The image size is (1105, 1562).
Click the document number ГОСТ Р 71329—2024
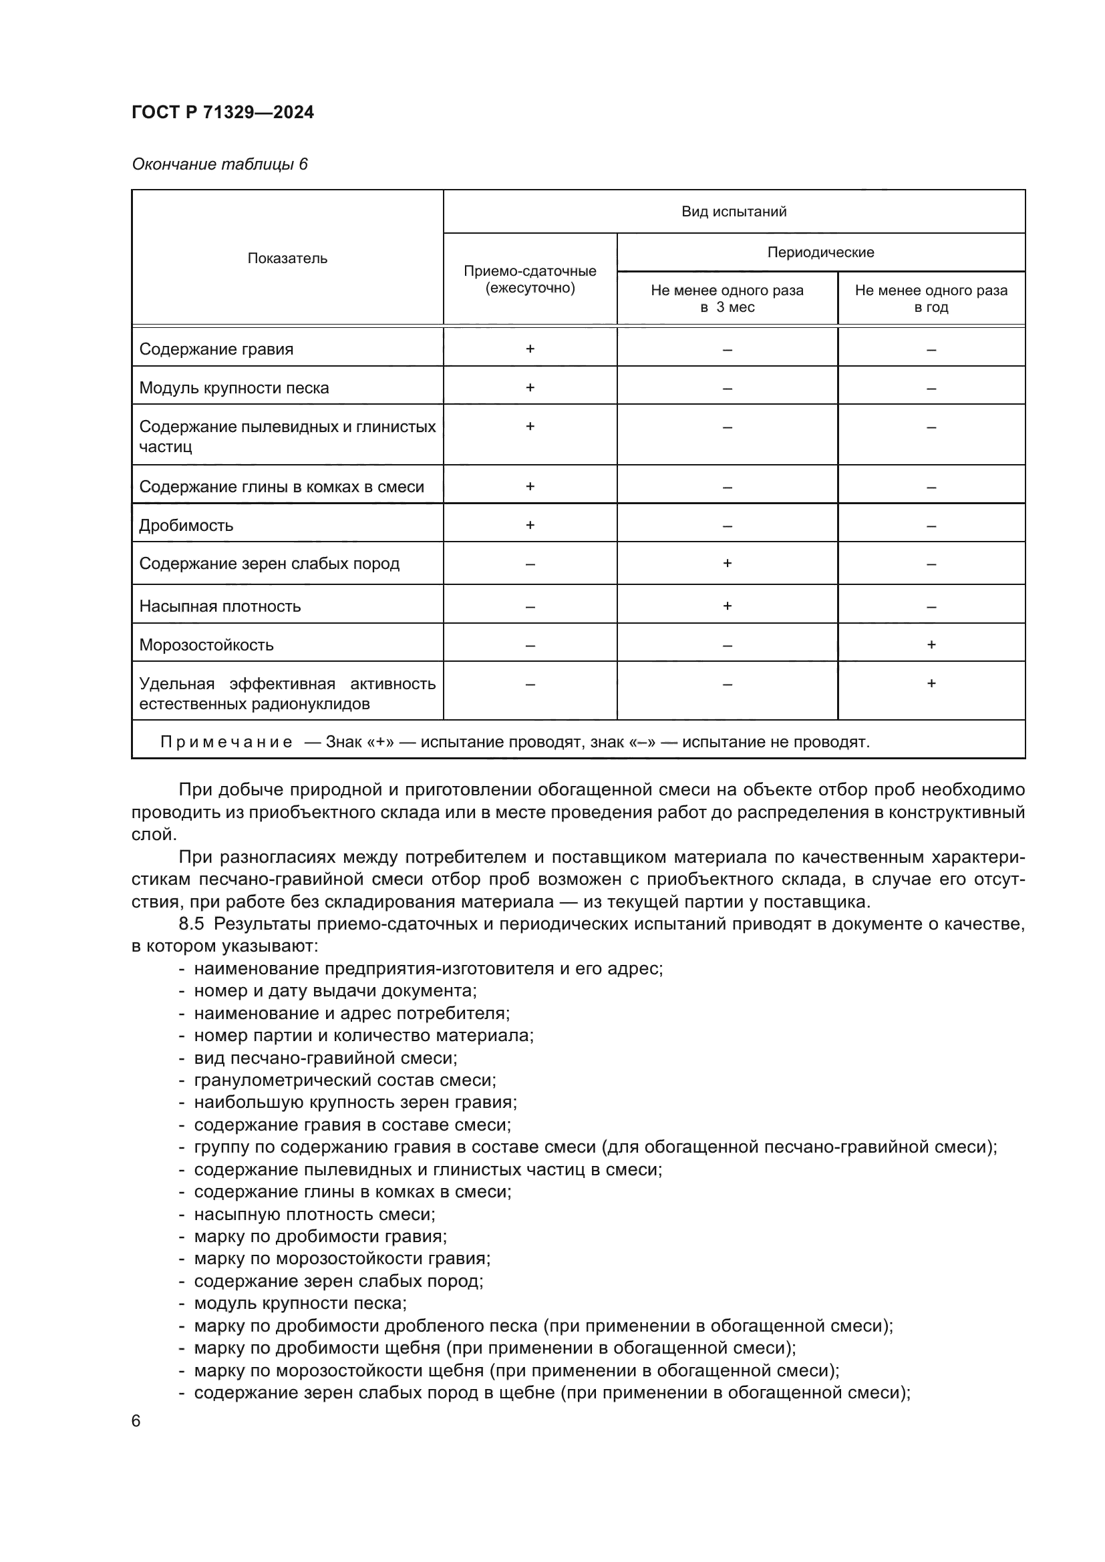(x=222, y=112)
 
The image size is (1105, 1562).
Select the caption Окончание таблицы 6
(x=219, y=164)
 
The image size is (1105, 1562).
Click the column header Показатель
(x=287, y=258)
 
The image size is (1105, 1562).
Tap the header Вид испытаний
(x=734, y=212)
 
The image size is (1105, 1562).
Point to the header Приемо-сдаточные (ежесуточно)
(x=530, y=280)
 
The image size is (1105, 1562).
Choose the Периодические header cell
(x=820, y=252)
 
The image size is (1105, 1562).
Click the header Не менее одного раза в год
(x=931, y=299)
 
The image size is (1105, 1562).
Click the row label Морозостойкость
(x=206, y=645)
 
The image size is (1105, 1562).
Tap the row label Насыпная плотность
(x=220, y=606)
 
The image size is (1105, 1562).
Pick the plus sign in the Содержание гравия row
(x=530, y=349)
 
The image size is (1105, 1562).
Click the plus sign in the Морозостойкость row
(x=931, y=644)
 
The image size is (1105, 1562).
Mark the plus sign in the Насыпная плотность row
(x=727, y=606)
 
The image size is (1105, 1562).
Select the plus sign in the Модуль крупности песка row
(x=530, y=388)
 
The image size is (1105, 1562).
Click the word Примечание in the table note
(x=226, y=742)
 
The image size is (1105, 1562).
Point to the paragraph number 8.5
(x=191, y=924)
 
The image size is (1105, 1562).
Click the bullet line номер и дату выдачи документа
(x=335, y=991)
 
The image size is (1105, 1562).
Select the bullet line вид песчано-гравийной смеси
(x=325, y=1058)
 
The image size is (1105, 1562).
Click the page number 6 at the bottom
(x=136, y=1421)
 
